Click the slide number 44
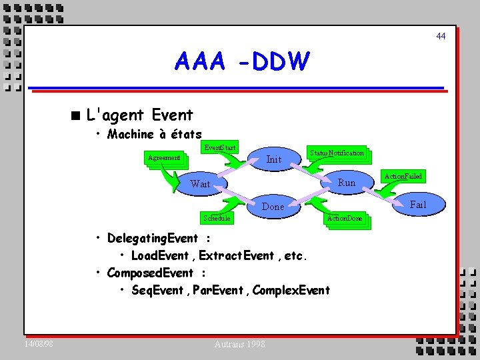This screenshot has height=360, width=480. pos(441,36)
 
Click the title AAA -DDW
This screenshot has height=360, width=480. pos(242,62)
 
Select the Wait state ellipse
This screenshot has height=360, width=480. pos(200,184)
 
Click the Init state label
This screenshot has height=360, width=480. pos(274,159)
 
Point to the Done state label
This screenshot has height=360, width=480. pos(273,207)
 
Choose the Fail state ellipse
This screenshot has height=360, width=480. pos(417,205)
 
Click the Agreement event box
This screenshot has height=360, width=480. pos(164,158)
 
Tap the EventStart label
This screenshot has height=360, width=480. pos(220,147)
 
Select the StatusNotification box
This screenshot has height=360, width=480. pos(337,153)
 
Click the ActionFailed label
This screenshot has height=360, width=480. pos(403,176)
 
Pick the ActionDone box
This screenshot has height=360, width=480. pos(345,218)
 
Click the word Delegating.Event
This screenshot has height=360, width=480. pos(152,239)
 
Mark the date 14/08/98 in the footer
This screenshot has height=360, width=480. pos(39,344)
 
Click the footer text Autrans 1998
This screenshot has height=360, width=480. pos(240,344)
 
